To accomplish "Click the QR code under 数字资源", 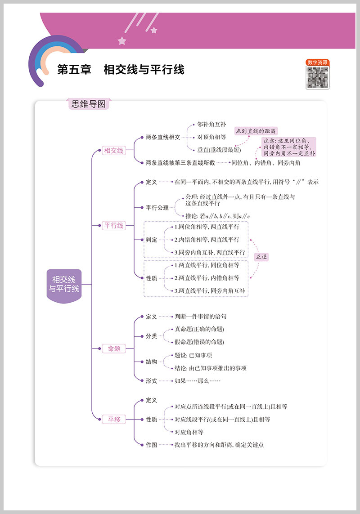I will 317,77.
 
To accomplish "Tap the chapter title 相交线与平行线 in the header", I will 144,70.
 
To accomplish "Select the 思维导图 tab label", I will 89,104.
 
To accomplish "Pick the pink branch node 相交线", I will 113,151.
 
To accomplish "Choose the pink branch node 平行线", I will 113,226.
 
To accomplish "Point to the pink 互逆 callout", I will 261,257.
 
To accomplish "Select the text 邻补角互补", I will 211,124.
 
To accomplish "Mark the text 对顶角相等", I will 211,137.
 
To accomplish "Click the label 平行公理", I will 157,208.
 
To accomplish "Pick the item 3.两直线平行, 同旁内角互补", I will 210,291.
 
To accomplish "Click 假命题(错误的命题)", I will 199,342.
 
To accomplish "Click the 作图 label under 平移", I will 152,445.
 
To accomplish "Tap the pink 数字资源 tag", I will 317,63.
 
